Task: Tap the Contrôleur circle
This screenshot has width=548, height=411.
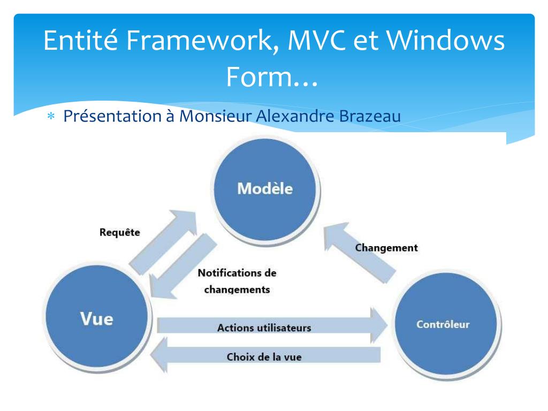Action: pyautogui.click(x=443, y=324)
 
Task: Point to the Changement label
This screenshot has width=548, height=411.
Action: pyautogui.click(x=386, y=248)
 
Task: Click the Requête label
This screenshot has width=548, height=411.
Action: pyautogui.click(x=120, y=232)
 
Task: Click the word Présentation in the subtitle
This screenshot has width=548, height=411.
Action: pyautogui.click(x=110, y=116)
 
